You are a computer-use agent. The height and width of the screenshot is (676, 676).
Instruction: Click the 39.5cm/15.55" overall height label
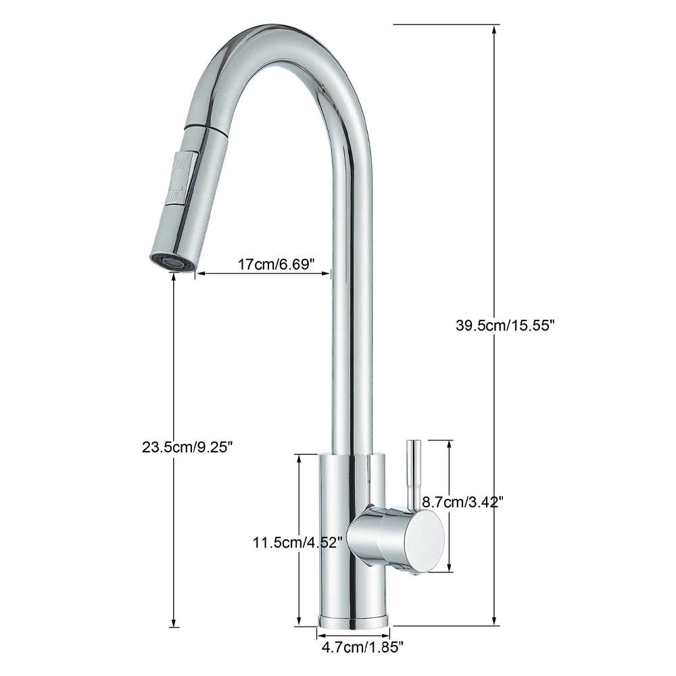505,325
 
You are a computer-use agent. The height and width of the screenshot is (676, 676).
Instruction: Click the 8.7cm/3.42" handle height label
462,502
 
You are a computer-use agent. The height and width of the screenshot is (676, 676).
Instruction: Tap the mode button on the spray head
183,176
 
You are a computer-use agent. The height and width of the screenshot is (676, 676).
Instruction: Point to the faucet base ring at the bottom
354,619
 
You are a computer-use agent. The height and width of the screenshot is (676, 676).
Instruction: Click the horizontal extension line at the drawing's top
439,25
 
